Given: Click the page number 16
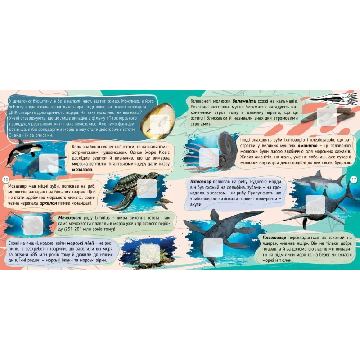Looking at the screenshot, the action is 6,180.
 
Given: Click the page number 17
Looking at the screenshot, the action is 354,180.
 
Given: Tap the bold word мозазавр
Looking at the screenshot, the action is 82,170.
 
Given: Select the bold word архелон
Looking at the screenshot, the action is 48,203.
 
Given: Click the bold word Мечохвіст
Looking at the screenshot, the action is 70,218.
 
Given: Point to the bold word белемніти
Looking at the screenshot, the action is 244,101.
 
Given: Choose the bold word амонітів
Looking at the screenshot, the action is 307,146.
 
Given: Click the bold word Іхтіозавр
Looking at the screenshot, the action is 201,182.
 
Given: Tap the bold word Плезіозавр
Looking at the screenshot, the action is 274,238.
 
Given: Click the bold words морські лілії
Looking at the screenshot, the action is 81,243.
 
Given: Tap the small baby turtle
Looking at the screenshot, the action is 164,203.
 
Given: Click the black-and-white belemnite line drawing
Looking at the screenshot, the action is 333,99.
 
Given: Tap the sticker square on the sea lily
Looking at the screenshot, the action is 150,254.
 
